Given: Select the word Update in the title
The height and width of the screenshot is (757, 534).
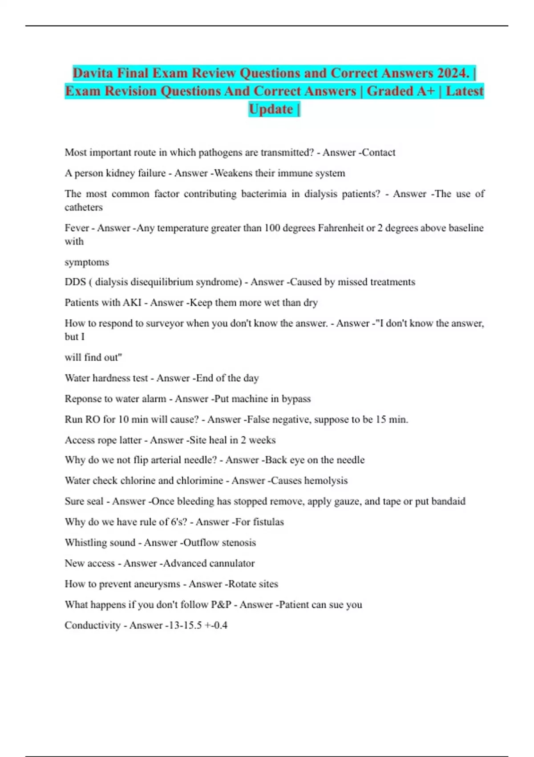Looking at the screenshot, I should (x=271, y=109).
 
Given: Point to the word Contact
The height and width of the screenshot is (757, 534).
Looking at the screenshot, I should (x=378, y=153).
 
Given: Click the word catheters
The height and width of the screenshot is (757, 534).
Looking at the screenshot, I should (x=84, y=208).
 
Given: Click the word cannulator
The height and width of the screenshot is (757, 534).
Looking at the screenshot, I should (x=228, y=563).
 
